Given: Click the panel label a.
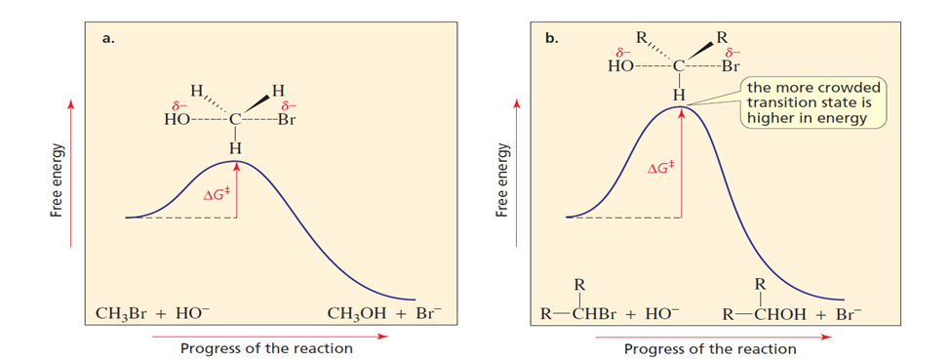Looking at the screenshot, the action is point(107,39).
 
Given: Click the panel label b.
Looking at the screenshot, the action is point(552,39).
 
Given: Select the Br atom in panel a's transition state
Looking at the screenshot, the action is point(286,120).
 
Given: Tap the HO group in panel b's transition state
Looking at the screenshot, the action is point(620,66).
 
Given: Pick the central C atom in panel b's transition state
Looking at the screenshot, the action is point(680,66).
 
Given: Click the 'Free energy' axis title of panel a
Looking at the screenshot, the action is point(57,180).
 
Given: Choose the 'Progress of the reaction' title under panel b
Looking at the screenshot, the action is point(710,349).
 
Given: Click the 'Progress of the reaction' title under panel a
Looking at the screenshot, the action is point(266,348).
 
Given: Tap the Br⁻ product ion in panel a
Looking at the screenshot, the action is point(429,314).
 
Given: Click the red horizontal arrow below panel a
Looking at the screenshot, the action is point(269,335).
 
